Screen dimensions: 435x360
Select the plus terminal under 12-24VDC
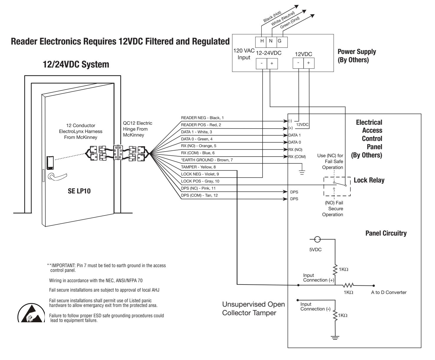(x=272, y=63)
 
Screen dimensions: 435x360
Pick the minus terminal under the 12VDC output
(x=298, y=63)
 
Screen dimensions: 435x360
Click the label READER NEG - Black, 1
(x=202, y=118)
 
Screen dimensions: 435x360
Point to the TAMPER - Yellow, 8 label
(x=198, y=167)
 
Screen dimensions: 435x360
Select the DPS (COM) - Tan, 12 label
(x=199, y=195)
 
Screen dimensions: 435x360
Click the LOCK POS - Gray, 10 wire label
(x=200, y=181)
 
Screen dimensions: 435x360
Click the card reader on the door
(x=50, y=163)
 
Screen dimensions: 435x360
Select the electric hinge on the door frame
(x=118, y=153)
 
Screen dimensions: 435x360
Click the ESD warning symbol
(x=31, y=313)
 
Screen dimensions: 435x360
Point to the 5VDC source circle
(x=317, y=239)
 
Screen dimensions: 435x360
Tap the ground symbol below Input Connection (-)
(x=335, y=338)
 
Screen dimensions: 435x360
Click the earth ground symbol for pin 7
(x=302, y=172)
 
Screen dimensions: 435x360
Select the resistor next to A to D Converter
(x=348, y=285)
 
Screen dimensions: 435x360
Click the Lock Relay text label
(x=369, y=180)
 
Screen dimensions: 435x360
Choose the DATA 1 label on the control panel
(x=294, y=135)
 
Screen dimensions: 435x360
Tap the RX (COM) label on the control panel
(x=297, y=157)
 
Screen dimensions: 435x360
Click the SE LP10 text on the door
(x=79, y=191)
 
